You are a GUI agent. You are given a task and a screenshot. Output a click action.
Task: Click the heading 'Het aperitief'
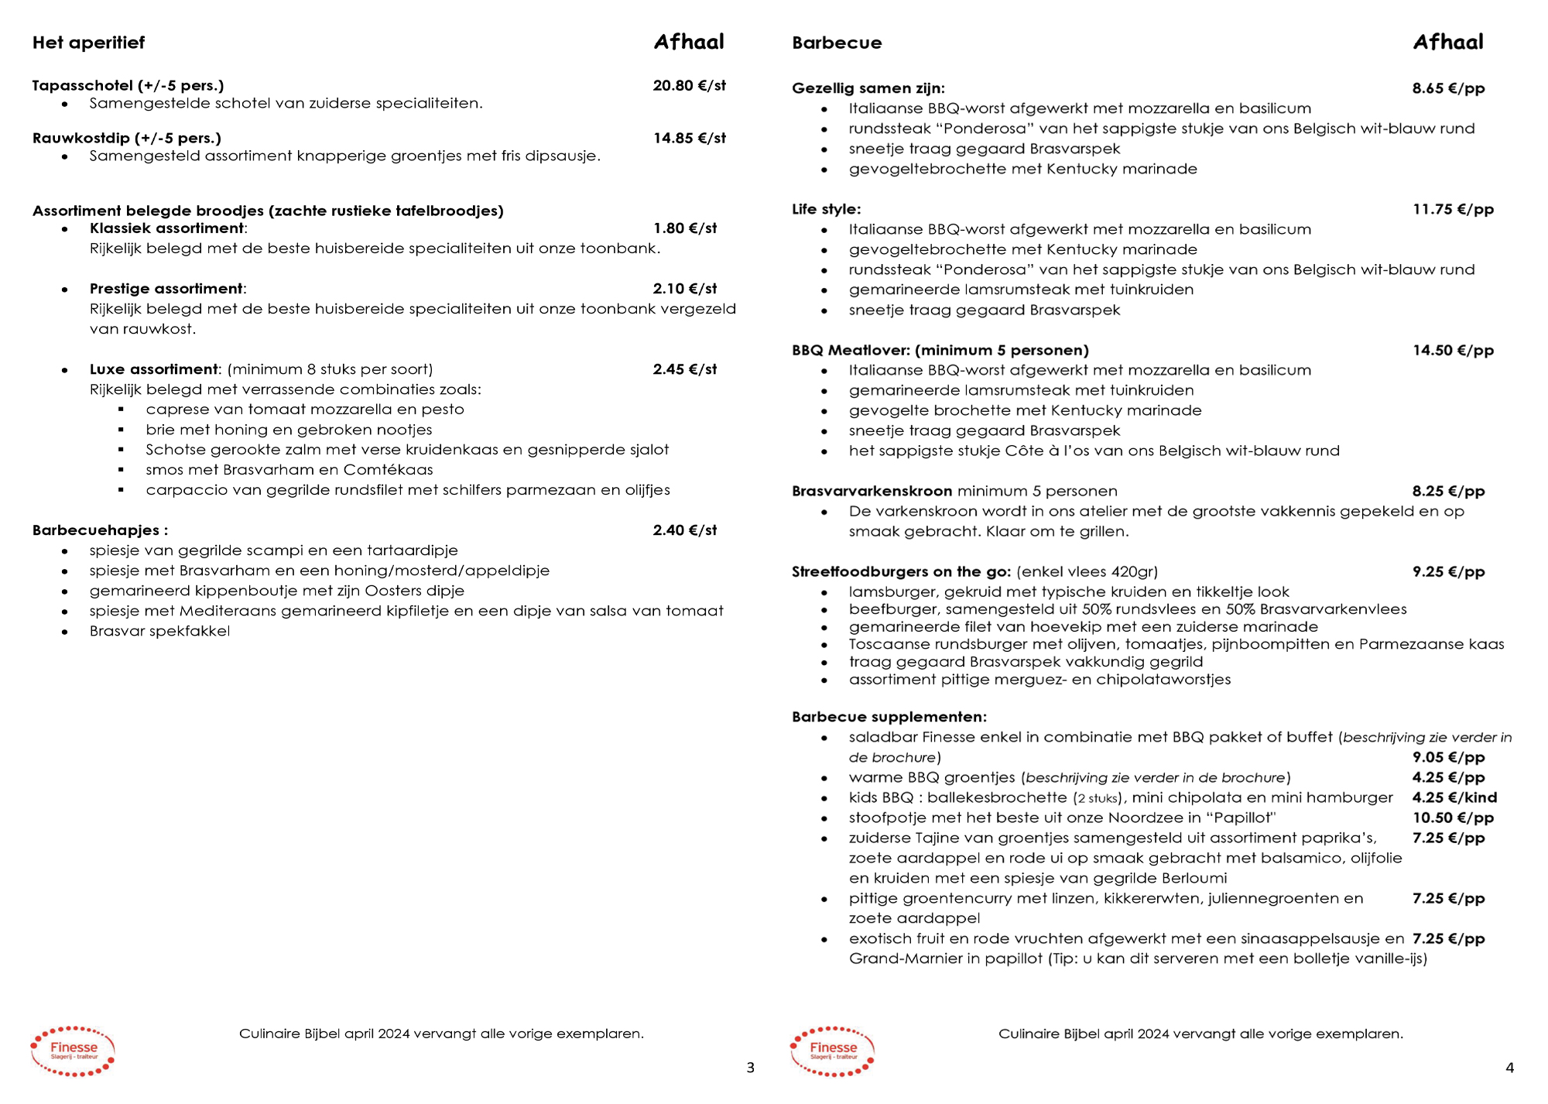88,43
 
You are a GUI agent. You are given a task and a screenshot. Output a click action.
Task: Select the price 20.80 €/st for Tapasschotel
689,85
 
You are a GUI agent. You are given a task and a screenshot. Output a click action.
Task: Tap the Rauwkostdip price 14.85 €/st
689,138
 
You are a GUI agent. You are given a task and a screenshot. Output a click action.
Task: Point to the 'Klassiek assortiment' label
166,228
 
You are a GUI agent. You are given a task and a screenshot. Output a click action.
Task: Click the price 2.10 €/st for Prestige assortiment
684,289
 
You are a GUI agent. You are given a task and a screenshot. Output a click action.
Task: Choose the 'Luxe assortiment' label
154,369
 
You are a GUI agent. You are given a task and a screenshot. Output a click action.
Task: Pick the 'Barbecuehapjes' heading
99,530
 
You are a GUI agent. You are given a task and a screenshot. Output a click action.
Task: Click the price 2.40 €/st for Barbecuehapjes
684,530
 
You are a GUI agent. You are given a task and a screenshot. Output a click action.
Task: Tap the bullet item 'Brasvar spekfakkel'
159,631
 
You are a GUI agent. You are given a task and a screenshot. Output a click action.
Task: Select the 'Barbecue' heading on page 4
836,43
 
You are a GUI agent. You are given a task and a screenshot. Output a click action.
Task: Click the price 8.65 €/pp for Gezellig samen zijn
1448,88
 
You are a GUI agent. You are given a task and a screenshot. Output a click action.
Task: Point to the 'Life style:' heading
826,209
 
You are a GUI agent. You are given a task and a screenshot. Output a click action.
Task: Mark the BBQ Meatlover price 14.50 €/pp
1453,350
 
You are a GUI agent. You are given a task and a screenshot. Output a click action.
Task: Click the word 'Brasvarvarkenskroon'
872,491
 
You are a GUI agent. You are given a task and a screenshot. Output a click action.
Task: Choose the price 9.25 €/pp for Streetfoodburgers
1448,572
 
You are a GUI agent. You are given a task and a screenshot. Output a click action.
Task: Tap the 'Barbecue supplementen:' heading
889,717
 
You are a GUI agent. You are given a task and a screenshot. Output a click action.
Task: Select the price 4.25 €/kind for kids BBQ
1454,797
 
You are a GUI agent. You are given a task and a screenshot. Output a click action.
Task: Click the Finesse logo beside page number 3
73,1051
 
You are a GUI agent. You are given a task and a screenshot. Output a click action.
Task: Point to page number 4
1509,1068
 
